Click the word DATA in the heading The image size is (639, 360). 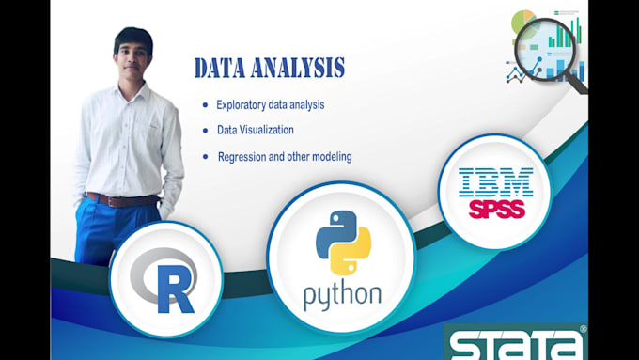pos(221,68)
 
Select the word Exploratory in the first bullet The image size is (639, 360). pos(243,105)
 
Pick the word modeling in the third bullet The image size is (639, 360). pos(329,156)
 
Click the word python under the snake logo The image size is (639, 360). pos(342,294)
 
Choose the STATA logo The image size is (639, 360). pos(516,343)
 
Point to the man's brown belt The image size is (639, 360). pos(120,199)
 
